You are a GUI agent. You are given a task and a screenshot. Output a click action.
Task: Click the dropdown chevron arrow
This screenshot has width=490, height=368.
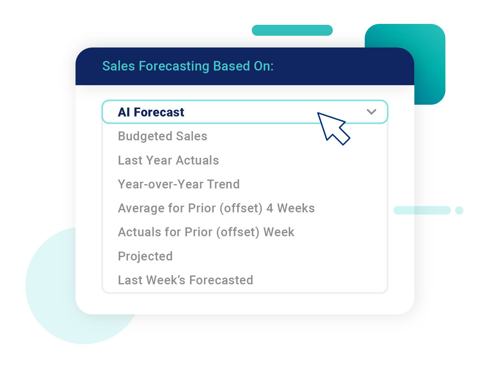pyautogui.click(x=371, y=112)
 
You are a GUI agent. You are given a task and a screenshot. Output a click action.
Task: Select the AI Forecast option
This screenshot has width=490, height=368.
pyautogui.click(x=151, y=112)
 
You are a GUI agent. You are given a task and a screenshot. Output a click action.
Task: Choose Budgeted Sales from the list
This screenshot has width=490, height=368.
pyautogui.click(x=163, y=136)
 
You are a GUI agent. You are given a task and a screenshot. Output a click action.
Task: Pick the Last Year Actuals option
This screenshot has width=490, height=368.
pyautogui.click(x=168, y=160)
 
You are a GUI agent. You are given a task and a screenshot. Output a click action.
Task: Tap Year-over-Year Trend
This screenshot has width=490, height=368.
pyautogui.click(x=179, y=184)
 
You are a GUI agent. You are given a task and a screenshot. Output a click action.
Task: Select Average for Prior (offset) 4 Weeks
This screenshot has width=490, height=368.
pyautogui.click(x=216, y=208)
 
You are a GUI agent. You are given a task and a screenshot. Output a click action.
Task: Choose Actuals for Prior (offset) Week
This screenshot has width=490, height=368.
pyautogui.click(x=206, y=232)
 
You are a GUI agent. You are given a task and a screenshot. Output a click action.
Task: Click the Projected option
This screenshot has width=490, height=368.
pyautogui.click(x=145, y=256)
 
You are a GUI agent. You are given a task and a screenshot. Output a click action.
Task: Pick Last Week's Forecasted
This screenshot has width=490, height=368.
pyautogui.click(x=185, y=280)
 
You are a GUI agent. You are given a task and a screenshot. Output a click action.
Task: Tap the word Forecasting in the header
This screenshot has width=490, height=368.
pyautogui.click(x=174, y=66)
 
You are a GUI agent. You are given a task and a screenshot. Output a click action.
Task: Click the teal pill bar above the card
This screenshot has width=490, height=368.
pyautogui.click(x=292, y=30)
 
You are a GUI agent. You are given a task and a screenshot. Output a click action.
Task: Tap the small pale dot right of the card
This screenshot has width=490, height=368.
pyautogui.click(x=459, y=210)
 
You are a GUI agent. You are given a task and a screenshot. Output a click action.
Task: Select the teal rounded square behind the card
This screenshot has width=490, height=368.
pyautogui.click(x=430, y=67)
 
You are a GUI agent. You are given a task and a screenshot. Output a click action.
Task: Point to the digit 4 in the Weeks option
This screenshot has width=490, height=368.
pyautogui.click(x=270, y=208)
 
